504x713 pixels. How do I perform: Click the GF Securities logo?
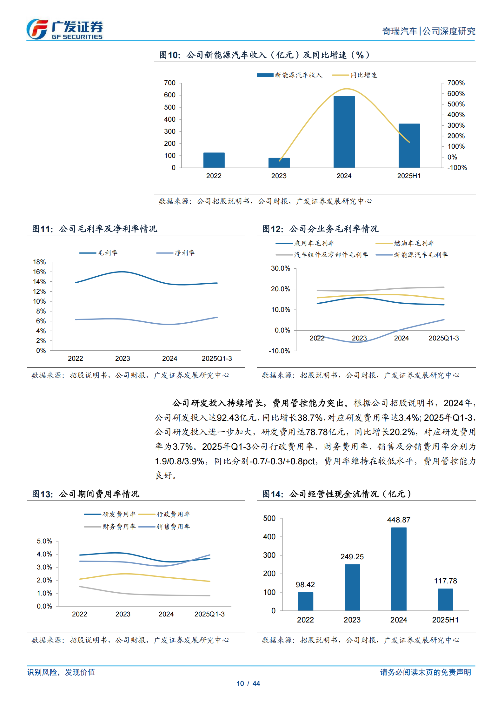coord(64,29)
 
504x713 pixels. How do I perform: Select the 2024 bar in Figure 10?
coord(344,132)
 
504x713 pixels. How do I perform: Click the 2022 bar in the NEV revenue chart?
coord(214,160)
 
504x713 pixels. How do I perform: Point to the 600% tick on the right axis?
coord(456,94)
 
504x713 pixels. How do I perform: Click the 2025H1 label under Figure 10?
coord(409,176)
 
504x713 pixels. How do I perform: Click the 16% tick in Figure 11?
coord(39,272)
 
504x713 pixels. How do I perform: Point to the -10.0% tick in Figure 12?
coord(279,351)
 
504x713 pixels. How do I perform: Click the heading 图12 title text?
coord(320,229)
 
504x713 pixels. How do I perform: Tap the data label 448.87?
coord(399,520)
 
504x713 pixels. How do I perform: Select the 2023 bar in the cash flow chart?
coord(352,587)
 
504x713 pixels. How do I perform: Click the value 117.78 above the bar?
coord(445,581)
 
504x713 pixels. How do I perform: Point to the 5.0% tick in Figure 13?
coord(44,541)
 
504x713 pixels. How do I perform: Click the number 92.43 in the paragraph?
coord(228,418)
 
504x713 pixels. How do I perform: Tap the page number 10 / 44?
coord(248,683)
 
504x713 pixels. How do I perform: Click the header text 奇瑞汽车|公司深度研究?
coord(428,31)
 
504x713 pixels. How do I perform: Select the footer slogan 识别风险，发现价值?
coord(61,672)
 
